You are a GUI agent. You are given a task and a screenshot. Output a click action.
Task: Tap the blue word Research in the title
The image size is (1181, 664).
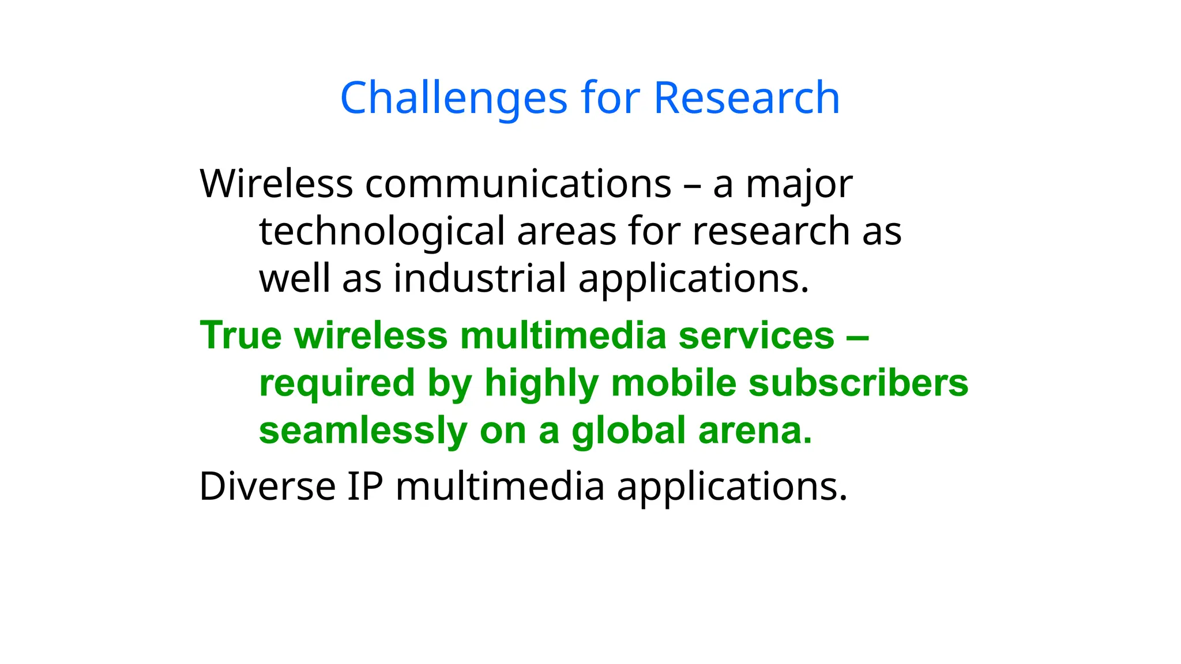click(x=746, y=98)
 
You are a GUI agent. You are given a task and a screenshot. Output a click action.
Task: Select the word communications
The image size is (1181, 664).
click(x=518, y=184)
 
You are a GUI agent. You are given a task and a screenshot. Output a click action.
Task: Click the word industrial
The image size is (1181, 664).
click(x=480, y=278)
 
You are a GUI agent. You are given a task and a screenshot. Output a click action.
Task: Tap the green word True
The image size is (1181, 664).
click(x=240, y=335)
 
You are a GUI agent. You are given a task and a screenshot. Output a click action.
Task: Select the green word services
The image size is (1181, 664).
click(x=756, y=335)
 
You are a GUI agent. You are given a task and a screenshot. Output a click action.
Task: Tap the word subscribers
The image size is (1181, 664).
click(x=858, y=383)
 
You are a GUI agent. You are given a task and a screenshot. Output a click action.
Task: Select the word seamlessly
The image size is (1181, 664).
click(x=363, y=431)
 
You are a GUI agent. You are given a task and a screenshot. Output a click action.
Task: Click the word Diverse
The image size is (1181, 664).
click(x=267, y=486)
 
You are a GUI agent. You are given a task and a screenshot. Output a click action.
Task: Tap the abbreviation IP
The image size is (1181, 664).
click(x=364, y=486)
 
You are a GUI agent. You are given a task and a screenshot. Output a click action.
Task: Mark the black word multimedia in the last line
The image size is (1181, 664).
click(x=500, y=486)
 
